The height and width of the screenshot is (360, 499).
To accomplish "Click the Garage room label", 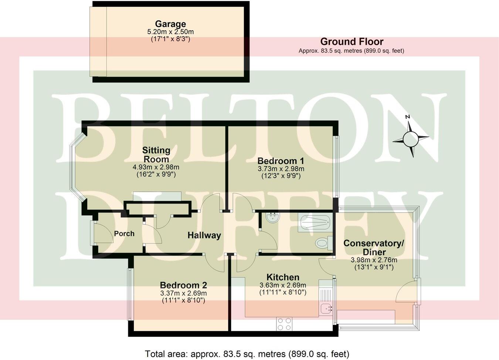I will tap(170, 24).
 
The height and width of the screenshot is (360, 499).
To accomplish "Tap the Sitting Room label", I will tap(156, 155).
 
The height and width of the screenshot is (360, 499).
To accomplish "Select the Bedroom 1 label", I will tap(281, 161).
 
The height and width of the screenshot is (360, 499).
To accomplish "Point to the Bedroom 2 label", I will tap(183, 285).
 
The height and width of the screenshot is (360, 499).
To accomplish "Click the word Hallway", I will tap(204, 235).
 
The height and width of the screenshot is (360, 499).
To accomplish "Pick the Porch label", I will tap(124, 234).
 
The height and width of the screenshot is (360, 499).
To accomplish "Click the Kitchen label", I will tap(283, 277).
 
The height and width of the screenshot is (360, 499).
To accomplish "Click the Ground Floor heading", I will tap(352, 41).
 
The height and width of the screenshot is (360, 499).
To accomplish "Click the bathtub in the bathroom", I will tap(315, 223).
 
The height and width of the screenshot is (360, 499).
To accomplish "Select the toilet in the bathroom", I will tap(323, 243).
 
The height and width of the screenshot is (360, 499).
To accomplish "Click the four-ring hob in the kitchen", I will tap(284, 324).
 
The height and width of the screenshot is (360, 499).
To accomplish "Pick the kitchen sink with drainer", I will tap(326, 300).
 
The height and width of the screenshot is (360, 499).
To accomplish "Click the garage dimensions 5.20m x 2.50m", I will tap(170, 32).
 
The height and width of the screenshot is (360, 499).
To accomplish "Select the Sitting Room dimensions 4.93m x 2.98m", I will tap(156, 167).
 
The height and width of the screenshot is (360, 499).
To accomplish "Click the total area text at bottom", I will tap(247, 353).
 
